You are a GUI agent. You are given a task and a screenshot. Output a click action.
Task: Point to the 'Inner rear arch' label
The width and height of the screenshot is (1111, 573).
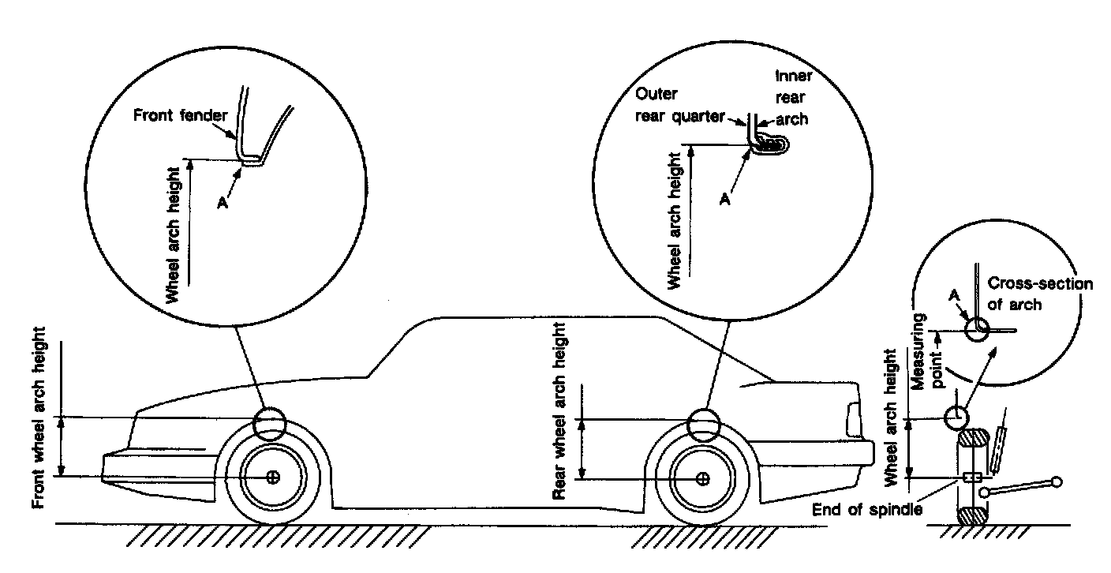click(791, 99)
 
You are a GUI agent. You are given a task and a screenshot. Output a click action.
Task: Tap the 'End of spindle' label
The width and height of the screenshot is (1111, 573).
click(866, 509)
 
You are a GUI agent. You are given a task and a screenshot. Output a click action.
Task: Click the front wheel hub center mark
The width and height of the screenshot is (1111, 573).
click(273, 477)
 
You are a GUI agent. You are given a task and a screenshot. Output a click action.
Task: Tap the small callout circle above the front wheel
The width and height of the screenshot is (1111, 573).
click(270, 425)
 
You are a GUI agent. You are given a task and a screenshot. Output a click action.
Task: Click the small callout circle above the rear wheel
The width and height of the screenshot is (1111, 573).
click(703, 425)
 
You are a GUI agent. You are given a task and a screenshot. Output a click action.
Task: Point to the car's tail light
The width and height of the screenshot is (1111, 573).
click(853, 420)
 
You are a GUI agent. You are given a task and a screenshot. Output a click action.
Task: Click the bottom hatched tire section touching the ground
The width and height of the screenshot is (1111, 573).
click(973, 517)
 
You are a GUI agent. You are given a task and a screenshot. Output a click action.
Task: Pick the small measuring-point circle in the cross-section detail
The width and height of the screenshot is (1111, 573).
click(978, 329)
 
